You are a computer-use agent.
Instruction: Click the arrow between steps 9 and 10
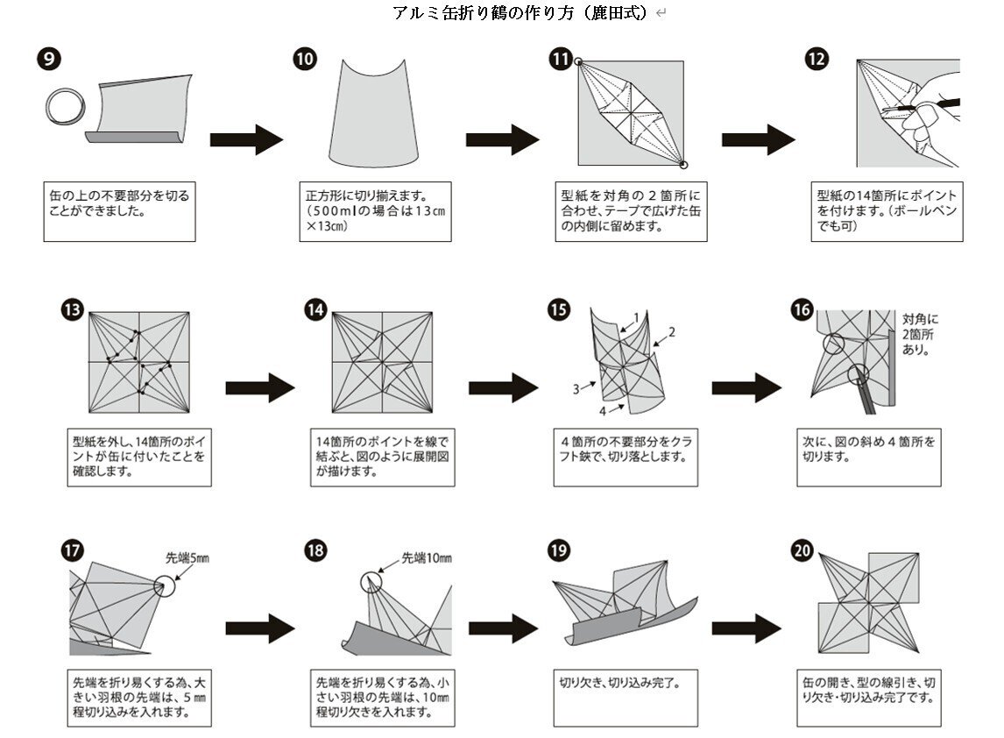[246, 138]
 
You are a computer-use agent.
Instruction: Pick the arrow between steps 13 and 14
[260, 386]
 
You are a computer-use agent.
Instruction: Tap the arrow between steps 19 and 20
[746, 627]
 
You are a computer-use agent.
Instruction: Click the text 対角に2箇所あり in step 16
[919, 334]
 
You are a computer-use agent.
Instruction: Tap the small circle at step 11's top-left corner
[579, 61]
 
